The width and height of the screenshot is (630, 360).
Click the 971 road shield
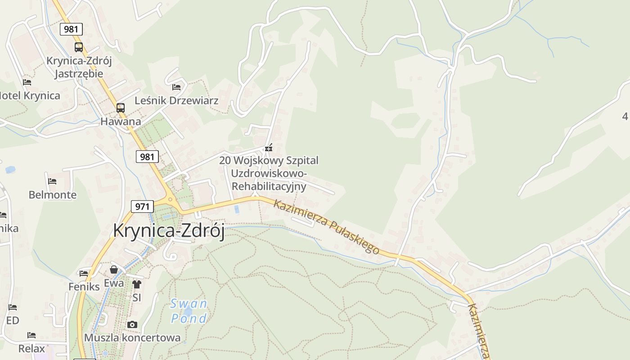tap(142, 207)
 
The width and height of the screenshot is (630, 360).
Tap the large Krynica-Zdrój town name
tap(169, 230)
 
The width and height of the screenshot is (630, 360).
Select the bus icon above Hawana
tap(120, 108)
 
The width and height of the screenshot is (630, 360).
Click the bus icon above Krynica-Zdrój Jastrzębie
tap(79, 47)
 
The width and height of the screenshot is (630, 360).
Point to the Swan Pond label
tap(189, 311)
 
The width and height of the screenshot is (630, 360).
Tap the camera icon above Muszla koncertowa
tap(132, 324)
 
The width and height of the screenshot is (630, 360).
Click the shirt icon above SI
tap(136, 284)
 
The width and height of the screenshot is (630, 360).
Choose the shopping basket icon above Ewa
tap(114, 270)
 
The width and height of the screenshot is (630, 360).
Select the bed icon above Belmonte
tap(52, 181)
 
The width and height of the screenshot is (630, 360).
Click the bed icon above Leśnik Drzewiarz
tap(176, 87)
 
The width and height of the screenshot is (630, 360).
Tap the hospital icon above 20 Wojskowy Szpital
tap(269, 148)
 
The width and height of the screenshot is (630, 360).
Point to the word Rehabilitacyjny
tap(269, 186)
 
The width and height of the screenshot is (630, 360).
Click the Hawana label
tap(121, 121)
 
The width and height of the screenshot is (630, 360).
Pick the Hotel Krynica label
tap(30, 96)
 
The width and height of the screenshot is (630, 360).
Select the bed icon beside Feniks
tap(84, 273)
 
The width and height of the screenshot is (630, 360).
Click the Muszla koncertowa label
tap(132, 337)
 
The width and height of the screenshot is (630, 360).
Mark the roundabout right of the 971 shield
tap(170, 199)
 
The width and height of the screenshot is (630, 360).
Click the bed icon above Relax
tap(31, 335)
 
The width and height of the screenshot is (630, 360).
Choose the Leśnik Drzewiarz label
tap(176, 100)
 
